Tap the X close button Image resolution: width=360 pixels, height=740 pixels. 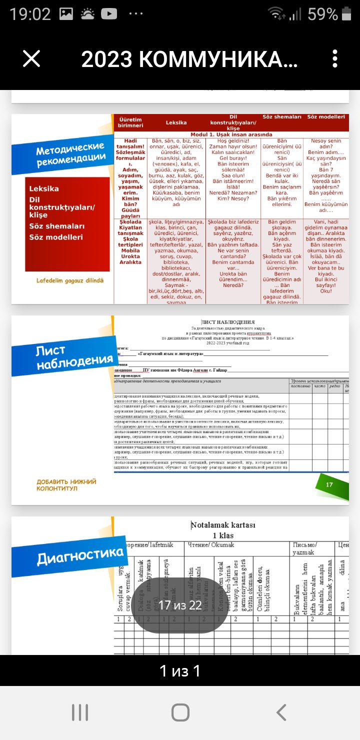click(31, 59)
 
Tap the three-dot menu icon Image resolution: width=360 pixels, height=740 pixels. click(335, 59)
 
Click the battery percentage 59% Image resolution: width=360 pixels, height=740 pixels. click(323, 14)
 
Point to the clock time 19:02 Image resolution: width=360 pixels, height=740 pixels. click(30, 14)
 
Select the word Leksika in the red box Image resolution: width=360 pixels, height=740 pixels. click(44, 188)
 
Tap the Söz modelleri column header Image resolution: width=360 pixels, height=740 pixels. click(326, 117)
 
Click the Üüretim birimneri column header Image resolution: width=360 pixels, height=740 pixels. click(130, 122)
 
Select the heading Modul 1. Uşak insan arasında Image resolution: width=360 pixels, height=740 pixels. click(231, 134)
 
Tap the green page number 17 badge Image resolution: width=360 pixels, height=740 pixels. click(329, 484)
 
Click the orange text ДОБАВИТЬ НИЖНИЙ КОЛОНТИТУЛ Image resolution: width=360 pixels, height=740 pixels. click(66, 485)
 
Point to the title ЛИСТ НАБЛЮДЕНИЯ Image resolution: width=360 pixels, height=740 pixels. click(228, 322)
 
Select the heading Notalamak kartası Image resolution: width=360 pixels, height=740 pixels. click(223, 525)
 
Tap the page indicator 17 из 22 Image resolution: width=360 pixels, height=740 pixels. click(180, 605)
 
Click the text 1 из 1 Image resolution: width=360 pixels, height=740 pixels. click(180, 670)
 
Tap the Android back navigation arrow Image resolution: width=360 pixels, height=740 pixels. click(281, 712)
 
